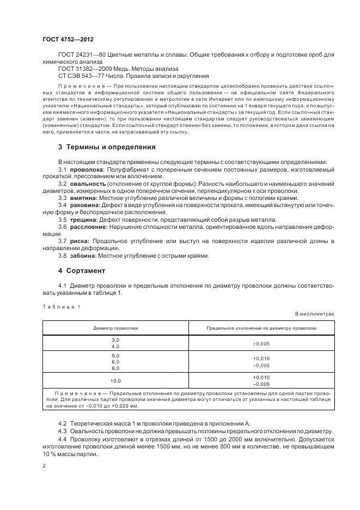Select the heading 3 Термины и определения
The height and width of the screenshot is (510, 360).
[107, 147]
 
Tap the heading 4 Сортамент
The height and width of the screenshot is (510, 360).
[82, 270]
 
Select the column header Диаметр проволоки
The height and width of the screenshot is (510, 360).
[115, 328]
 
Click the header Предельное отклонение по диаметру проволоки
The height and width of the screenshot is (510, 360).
[261, 328]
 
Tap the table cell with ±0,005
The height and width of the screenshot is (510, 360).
[261, 343]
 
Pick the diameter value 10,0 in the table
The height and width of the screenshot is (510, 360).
[115, 380]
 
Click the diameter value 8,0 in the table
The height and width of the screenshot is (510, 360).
[115, 368]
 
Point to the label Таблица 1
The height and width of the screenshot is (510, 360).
[61, 306]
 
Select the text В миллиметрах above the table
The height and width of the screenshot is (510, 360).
[315, 314]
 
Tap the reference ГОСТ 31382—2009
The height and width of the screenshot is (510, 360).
[80, 69]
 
